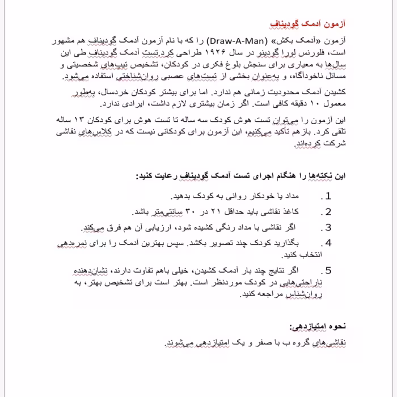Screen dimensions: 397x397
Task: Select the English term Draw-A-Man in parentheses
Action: pyautogui.click(x=233, y=41)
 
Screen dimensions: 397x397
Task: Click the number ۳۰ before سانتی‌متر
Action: pyautogui.click(x=191, y=212)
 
